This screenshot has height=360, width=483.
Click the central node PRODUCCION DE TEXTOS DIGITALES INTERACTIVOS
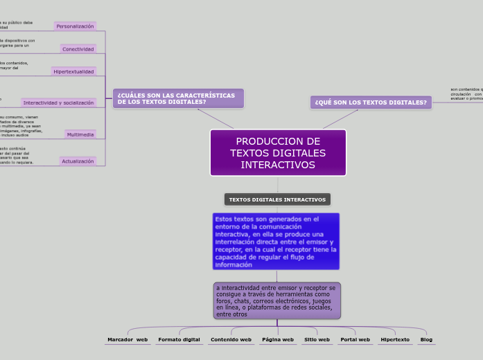click(277, 152)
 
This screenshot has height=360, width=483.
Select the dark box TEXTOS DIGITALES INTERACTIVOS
click(277, 199)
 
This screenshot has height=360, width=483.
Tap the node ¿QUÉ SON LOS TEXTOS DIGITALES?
click(371, 102)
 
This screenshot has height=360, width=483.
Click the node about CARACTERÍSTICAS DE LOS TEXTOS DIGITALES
click(178, 98)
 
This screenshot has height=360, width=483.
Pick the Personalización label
click(75, 26)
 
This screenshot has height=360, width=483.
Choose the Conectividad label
click(78, 49)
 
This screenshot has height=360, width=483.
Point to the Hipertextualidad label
click(73, 71)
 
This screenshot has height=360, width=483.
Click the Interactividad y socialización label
click(58, 102)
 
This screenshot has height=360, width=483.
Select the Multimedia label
click(80, 134)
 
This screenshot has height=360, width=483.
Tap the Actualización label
click(78, 161)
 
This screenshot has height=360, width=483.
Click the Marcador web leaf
click(128, 340)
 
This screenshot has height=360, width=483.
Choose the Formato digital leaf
click(179, 340)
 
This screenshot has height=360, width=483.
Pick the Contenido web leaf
click(231, 340)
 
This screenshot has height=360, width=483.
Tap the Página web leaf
click(278, 340)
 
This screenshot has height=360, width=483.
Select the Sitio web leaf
click(317, 340)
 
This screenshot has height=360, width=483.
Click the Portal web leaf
click(355, 340)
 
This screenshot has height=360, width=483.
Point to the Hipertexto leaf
click(395, 340)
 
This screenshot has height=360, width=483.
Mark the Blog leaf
click(426, 340)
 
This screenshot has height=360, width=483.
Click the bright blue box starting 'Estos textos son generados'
click(276, 241)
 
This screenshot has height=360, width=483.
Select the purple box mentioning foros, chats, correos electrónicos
click(276, 300)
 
